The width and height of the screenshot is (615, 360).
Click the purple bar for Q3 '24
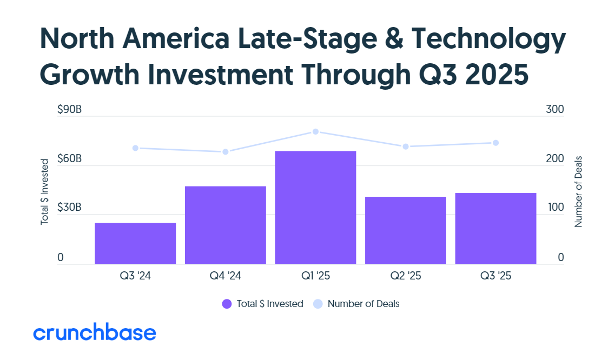click(x=135, y=243)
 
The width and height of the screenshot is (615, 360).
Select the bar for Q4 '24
click(x=226, y=225)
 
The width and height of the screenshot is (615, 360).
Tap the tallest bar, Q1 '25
click(x=315, y=208)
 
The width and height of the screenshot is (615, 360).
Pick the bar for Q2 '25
click(x=406, y=230)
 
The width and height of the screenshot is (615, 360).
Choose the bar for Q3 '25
click(x=495, y=228)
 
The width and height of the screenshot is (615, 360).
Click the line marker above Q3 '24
click(x=135, y=148)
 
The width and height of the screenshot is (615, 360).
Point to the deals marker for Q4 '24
click(x=226, y=152)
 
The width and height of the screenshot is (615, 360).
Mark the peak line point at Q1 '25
click(x=315, y=132)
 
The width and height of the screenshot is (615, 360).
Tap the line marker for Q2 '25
click(x=406, y=146)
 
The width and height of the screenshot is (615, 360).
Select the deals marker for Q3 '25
click(x=495, y=143)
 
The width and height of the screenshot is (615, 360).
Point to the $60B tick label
click(x=69, y=159)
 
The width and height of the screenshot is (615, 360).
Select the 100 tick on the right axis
click(x=555, y=208)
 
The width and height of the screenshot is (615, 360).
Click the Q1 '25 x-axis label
click(x=315, y=276)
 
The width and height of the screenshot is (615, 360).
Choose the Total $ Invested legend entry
click(x=263, y=304)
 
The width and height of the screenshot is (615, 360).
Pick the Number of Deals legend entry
click(x=356, y=304)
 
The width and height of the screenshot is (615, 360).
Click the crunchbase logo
click(x=95, y=333)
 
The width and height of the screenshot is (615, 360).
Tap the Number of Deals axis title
click(x=578, y=191)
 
